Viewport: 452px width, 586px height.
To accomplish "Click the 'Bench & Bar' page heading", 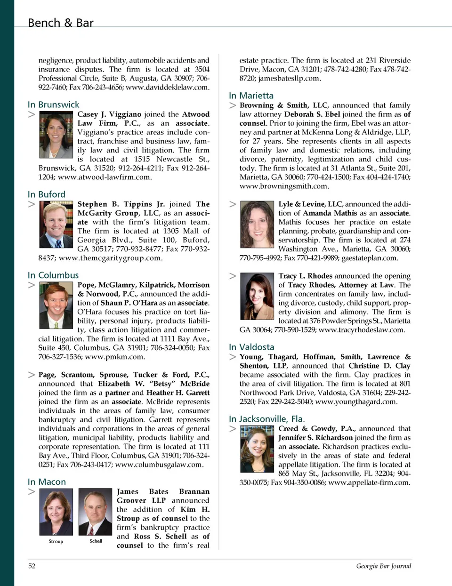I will [60, 23].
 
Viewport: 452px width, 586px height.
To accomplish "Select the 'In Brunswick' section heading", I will [53, 104].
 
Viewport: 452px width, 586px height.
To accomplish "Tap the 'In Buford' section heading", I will [46, 194].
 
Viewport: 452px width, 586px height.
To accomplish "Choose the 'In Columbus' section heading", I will [53, 275].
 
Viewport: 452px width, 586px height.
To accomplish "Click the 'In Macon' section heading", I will [47, 482].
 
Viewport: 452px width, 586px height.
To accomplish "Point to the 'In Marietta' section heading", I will [251, 96].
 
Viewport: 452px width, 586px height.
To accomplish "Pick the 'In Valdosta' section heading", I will [251, 347].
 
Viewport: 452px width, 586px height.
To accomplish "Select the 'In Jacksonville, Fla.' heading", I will [266, 419].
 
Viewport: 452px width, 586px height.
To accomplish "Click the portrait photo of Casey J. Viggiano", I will [56, 134].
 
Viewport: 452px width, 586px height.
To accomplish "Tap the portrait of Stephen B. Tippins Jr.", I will [56, 225].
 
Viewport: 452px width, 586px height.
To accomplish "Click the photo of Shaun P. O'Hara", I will [56, 305].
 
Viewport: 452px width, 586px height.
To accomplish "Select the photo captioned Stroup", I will [56, 512].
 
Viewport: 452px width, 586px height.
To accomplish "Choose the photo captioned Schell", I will [95, 512].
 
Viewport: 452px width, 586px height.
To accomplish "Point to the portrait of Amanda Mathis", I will [257, 224].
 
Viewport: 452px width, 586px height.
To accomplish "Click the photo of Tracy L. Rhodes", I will [257, 296].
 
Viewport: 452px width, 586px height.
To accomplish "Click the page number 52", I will [32, 566].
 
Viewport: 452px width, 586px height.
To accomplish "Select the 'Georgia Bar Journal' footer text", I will [383, 566].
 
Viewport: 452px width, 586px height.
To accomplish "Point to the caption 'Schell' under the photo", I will [96, 541].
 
